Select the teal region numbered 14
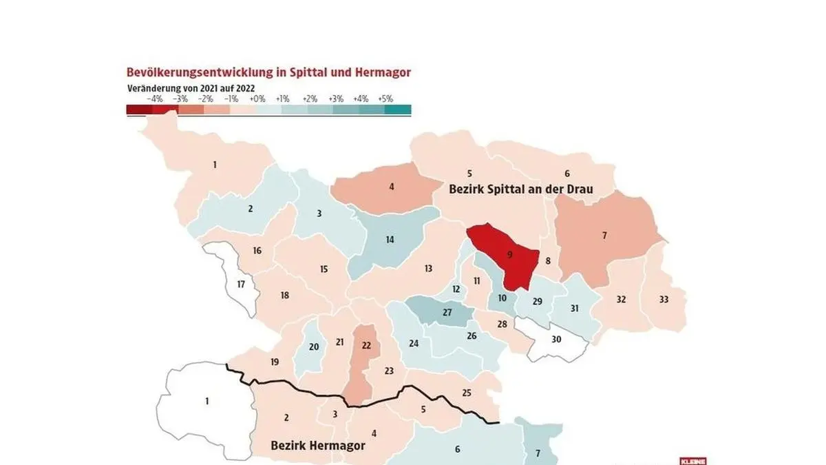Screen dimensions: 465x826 (x=390, y=241)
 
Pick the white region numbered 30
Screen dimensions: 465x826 (x=556, y=340)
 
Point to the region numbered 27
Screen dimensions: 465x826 (x=447, y=313)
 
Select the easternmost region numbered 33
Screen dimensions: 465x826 (x=664, y=300)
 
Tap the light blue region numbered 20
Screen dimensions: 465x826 (x=313, y=347)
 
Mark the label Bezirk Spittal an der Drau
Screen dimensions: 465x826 (x=521, y=189)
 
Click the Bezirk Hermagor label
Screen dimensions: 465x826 (x=308, y=445)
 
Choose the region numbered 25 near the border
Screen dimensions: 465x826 (x=466, y=394)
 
